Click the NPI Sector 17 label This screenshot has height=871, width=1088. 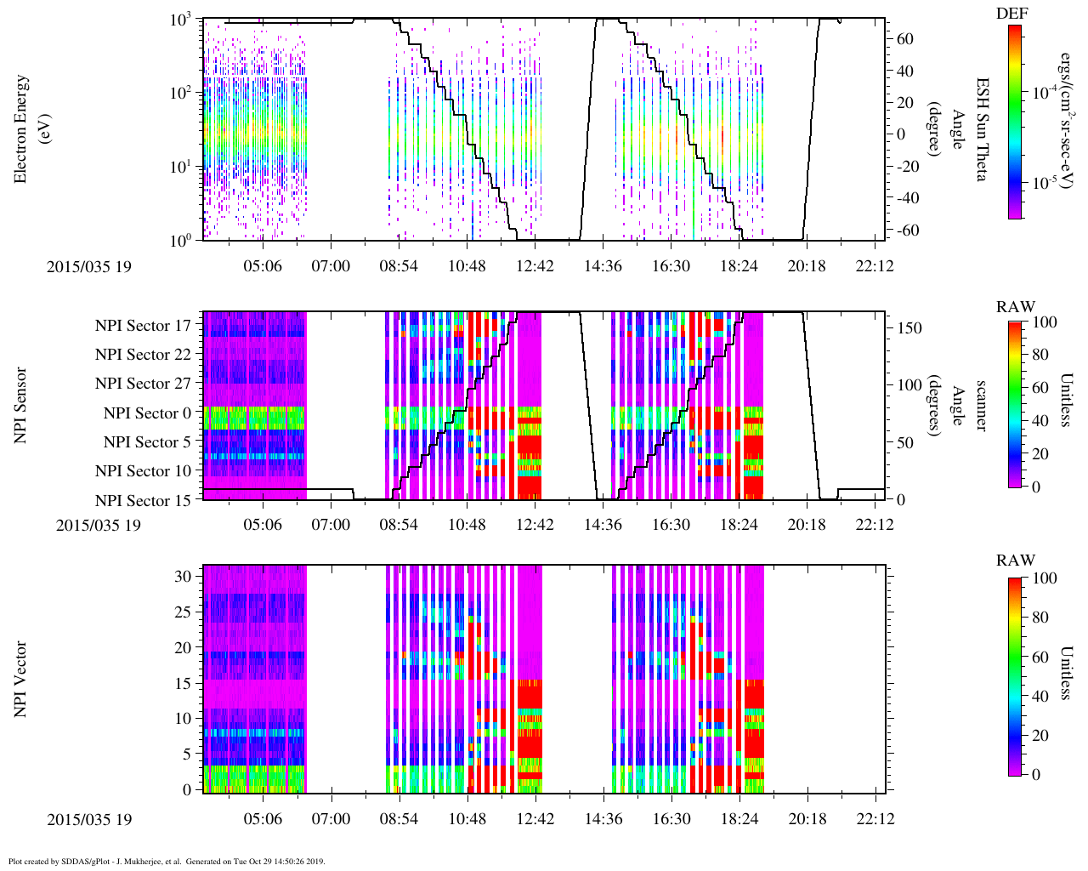point(143,325)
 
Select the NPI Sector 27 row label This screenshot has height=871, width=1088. point(143,384)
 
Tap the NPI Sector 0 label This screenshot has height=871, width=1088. point(147,413)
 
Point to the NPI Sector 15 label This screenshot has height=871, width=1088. point(143,500)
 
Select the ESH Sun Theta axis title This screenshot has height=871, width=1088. point(982,129)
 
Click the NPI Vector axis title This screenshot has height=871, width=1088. point(21,679)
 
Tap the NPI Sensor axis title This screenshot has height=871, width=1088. point(21,406)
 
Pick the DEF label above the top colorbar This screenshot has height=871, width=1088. point(1011,14)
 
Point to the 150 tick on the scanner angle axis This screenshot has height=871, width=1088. point(909,328)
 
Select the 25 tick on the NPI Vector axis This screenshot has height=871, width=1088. point(184,612)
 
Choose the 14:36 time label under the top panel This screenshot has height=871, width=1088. point(603,266)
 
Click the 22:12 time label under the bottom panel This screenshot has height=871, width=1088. point(875,819)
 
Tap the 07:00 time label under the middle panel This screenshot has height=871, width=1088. point(330,525)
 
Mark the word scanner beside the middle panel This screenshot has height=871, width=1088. point(982,406)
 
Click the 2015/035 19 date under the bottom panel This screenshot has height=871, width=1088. point(89,819)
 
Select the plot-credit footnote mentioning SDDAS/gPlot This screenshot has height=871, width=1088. point(167,861)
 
